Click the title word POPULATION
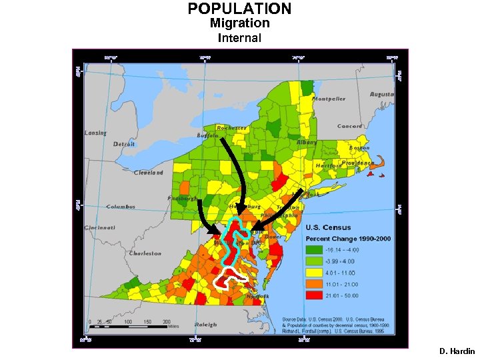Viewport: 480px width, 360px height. [x=239, y=9]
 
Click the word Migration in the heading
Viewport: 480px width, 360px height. [x=239, y=23]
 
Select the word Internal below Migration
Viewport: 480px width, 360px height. [x=239, y=38]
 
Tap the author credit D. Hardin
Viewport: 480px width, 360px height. [x=457, y=351]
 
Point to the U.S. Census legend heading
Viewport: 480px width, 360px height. [x=328, y=227]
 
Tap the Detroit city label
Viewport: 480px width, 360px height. [x=124, y=144]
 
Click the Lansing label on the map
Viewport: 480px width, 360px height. [x=95, y=133]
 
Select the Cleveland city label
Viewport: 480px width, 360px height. [x=148, y=173]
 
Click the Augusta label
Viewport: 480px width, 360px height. [x=382, y=95]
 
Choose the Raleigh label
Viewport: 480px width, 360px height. [x=206, y=325]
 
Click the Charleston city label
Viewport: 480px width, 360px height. [x=145, y=253]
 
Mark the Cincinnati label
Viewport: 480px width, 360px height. [x=99, y=227]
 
